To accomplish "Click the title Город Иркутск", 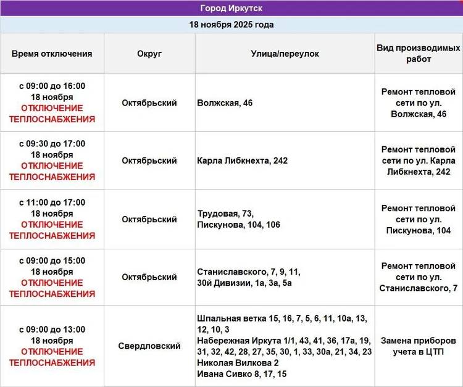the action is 231,8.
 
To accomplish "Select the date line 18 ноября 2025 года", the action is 231,25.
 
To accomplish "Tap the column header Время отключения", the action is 52,54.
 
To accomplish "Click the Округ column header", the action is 149,54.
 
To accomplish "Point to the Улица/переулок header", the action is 285,54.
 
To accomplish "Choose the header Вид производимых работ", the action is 419,54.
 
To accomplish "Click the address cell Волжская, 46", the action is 225,103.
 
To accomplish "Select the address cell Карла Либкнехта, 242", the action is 242,160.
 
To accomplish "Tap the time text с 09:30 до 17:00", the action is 52,144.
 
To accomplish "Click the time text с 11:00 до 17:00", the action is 52,202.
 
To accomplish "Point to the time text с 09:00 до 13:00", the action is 52,330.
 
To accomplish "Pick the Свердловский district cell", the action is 149,346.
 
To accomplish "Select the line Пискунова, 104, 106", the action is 238,225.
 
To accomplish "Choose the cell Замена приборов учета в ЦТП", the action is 419,346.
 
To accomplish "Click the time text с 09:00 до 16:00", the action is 52,86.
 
